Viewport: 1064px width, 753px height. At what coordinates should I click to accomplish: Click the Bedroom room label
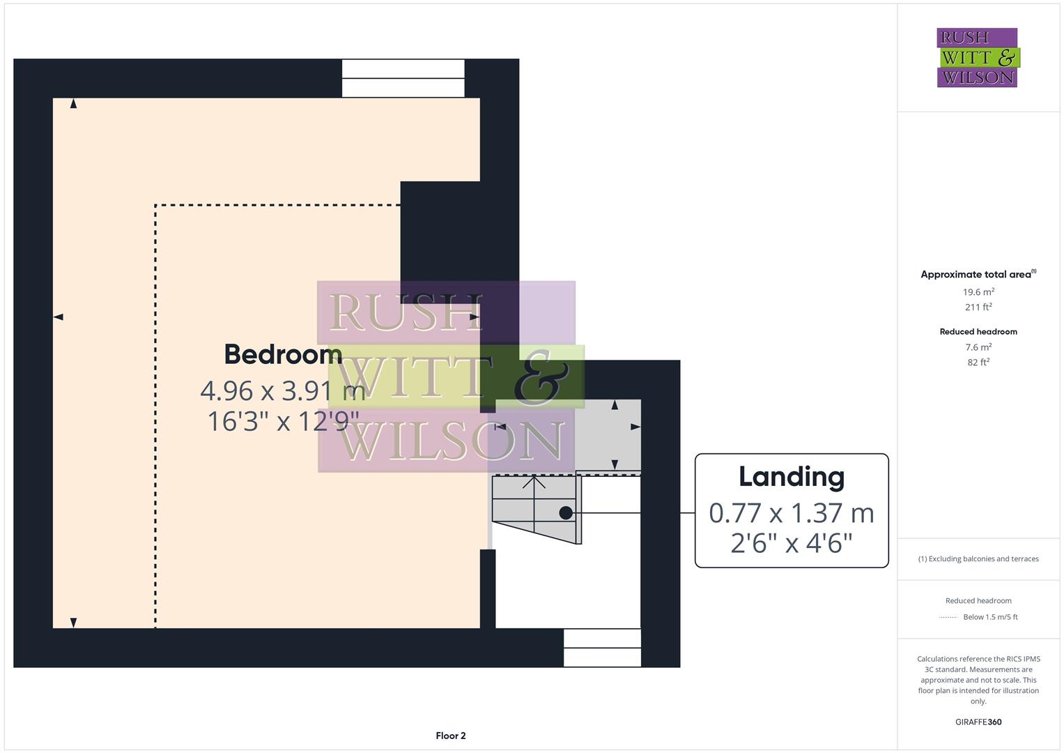pyautogui.click(x=283, y=354)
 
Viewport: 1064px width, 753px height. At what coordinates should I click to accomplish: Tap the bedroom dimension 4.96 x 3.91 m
pyautogui.click(x=283, y=390)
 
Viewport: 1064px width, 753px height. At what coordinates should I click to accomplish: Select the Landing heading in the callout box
pyautogui.click(x=792, y=477)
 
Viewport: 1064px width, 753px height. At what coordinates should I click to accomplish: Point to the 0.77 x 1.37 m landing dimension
pyautogui.click(x=792, y=513)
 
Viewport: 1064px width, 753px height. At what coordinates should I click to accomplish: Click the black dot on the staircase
pyautogui.click(x=566, y=513)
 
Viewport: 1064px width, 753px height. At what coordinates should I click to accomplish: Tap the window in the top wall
pyautogui.click(x=403, y=78)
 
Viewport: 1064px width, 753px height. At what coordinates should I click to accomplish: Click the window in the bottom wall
pyautogui.click(x=602, y=648)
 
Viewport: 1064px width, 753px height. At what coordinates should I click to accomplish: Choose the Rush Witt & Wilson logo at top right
pyautogui.click(x=978, y=58)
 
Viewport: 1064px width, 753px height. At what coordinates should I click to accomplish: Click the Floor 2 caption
pyautogui.click(x=451, y=736)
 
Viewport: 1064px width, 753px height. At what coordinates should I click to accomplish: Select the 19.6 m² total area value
pyautogui.click(x=978, y=292)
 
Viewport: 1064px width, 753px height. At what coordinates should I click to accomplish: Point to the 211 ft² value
pyautogui.click(x=978, y=307)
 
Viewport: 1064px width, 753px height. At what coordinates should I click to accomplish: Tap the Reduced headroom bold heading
pyautogui.click(x=978, y=332)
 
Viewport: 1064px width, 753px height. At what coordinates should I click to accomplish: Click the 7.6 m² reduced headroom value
pyautogui.click(x=978, y=347)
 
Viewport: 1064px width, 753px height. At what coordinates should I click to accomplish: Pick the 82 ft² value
pyautogui.click(x=978, y=362)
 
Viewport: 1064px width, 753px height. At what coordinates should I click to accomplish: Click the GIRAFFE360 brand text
pyautogui.click(x=978, y=722)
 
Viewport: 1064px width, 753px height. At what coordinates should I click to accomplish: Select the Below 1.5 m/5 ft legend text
pyautogui.click(x=990, y=617)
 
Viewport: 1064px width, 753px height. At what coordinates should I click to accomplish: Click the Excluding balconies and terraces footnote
pyautogui.click(x=978, y=558)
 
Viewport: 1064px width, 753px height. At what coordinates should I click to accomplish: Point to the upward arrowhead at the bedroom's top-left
pyautogui.click(x=73, y=104)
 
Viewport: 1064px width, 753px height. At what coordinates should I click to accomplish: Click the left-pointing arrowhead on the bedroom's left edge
pyautogui.click(x=59, y=317)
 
